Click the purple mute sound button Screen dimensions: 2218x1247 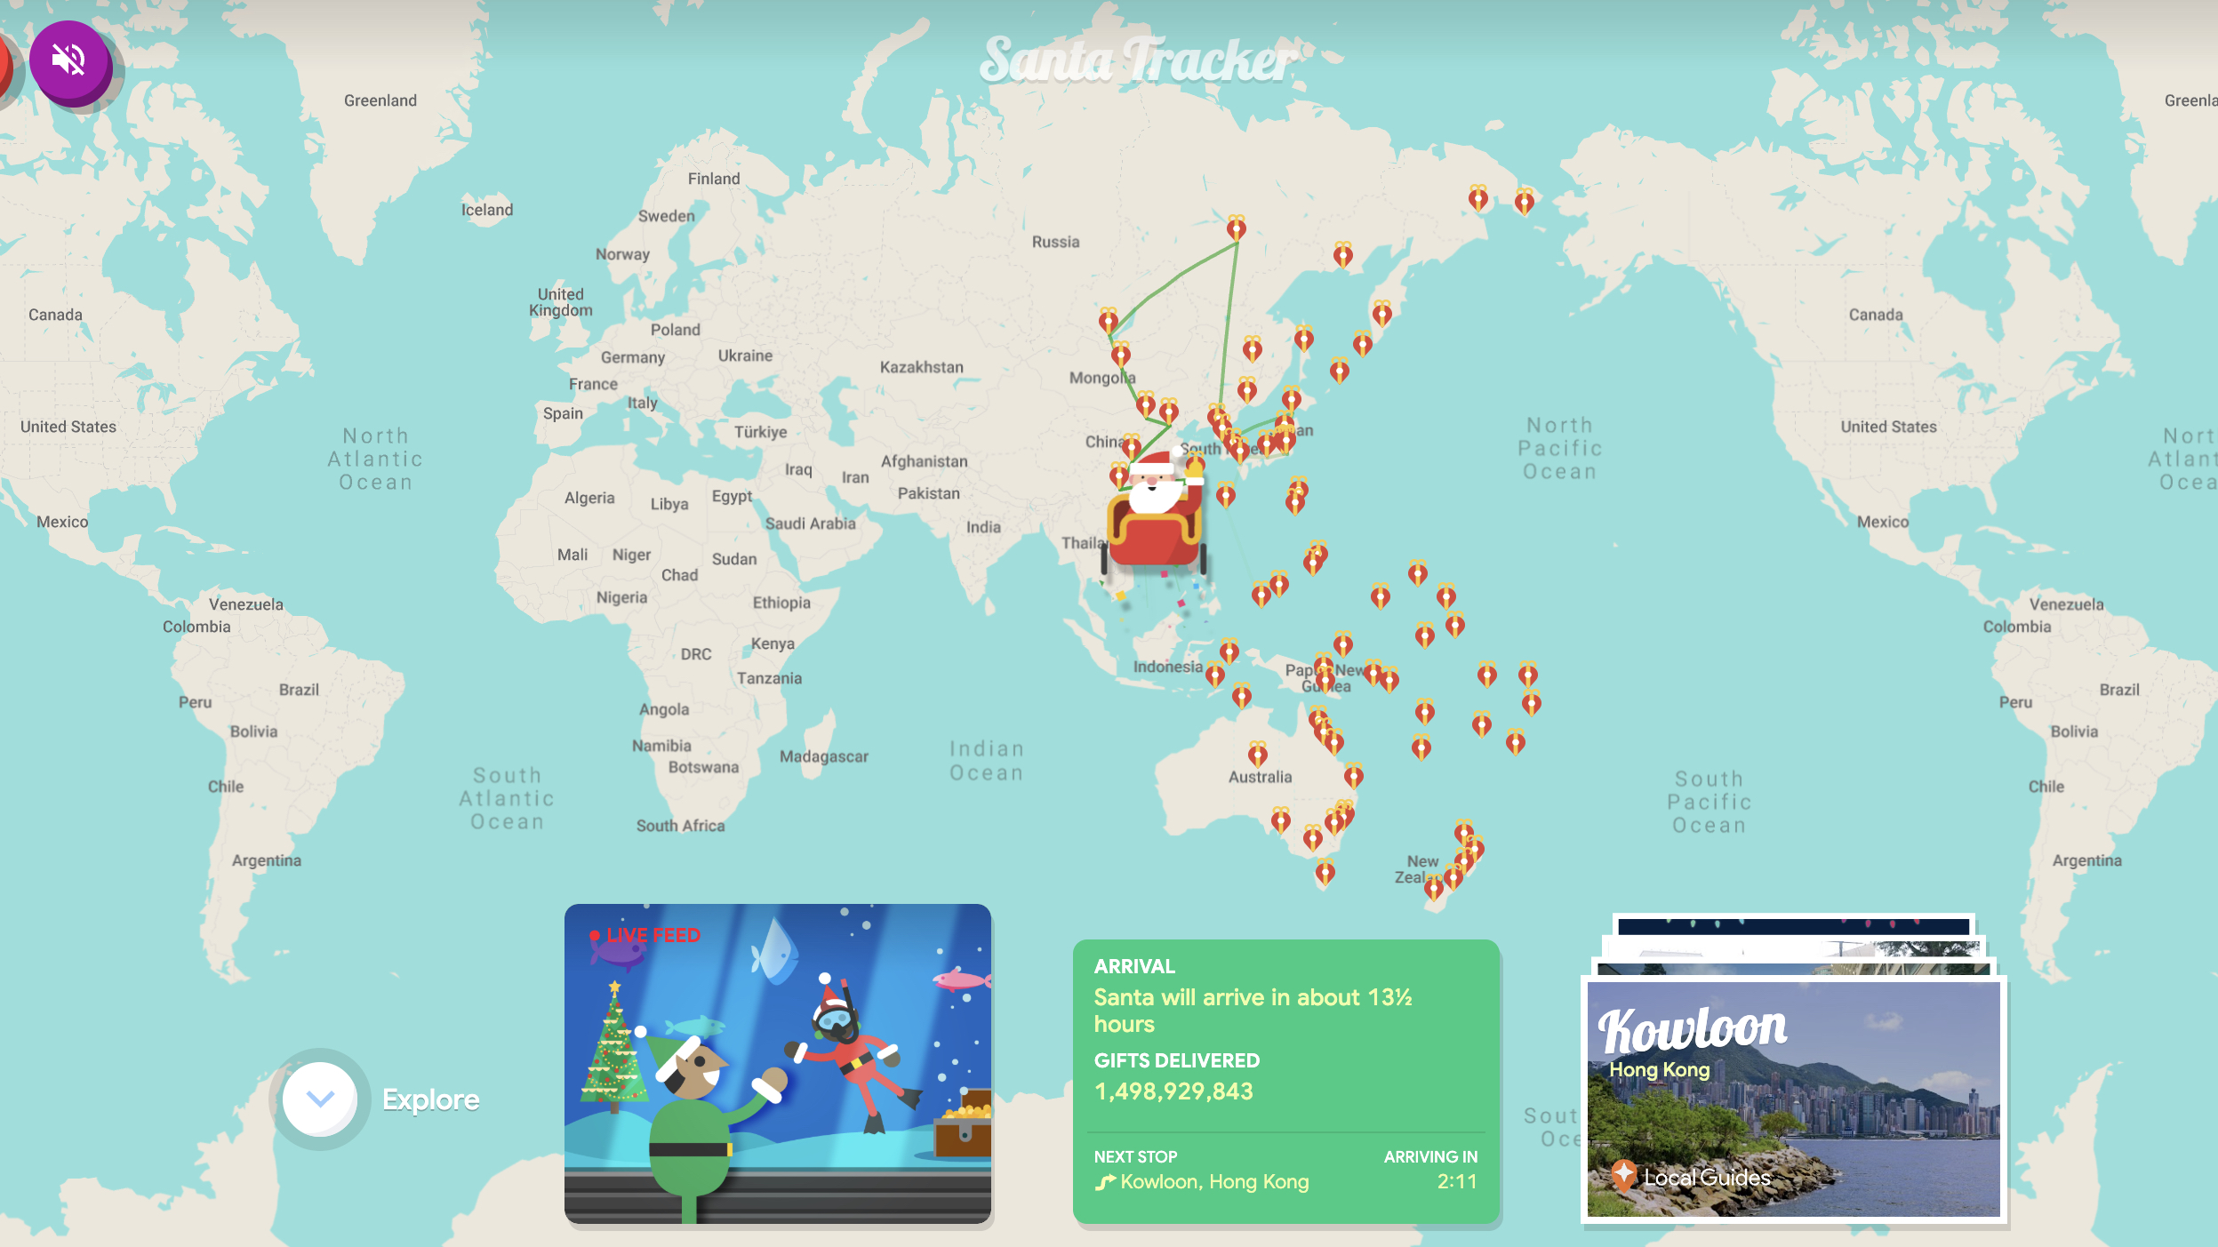(69, 60)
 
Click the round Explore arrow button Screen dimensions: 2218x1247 (319, 1099)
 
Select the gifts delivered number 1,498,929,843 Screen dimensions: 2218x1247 (1173, 1091)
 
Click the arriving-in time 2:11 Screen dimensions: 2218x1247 (1456, 1181)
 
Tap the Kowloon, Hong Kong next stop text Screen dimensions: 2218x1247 (1213, 1181)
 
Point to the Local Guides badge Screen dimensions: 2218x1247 (1692, 1178)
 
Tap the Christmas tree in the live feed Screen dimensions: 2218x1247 (613, 1053)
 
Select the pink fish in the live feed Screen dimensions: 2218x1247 (960, 979)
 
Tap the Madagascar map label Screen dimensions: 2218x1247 (823, 756)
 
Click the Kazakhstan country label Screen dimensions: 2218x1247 (921, 367)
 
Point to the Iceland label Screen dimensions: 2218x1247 (486, 210)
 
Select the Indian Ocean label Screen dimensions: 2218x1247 (986, 761)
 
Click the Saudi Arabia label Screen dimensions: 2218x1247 (810, 524)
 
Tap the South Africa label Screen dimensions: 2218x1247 (680, 826)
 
